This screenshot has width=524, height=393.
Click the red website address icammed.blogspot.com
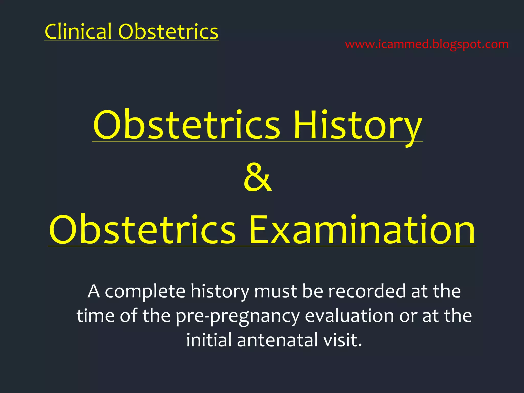pos(427,45)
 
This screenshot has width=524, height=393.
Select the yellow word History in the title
pos(357,125)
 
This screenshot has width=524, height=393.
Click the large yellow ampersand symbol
pos(257,177)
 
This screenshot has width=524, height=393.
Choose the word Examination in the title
pos(362,230)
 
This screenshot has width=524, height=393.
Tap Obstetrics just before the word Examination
pos(142,230)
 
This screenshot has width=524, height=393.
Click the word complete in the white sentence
pos(145,292)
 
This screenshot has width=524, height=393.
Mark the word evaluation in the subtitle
pos(349,315)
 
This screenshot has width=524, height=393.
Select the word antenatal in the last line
pos(277,340)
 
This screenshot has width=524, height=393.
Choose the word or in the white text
pos(408,316)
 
